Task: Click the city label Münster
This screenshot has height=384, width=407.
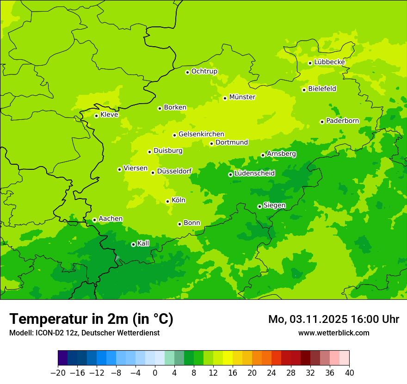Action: (x=242, y=97)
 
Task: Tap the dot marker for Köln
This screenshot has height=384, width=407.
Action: (x=167, y=201)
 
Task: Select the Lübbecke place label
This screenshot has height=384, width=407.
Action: (x=329, y=62)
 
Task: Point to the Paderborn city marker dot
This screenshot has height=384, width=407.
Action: (x=322, y=122)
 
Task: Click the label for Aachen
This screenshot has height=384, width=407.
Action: (x=111, y=219)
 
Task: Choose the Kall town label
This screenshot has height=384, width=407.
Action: (x=143, y=243)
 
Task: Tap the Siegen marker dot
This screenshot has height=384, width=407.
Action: (x=259, y=206)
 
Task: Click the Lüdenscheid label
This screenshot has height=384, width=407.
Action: (x=254, y=173)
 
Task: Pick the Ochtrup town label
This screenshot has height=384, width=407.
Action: (x=204, y=71)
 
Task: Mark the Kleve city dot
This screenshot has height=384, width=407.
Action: (x=96, y=116)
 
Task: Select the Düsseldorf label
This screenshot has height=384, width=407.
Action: (x=174, y=171)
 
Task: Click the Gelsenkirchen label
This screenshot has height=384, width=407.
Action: (x=201, y=134)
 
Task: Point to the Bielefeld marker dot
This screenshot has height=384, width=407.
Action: (x=304, y=90)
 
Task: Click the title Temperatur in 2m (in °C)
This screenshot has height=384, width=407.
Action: (x=92, y=319)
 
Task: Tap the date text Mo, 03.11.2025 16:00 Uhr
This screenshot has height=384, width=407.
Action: (x=333, y=319)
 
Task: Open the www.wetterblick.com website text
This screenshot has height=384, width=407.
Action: (x=333, y=333)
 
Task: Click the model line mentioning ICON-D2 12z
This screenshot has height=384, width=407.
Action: (x=84, y=333)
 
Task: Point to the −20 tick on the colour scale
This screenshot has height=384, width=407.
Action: (x=58, y=373)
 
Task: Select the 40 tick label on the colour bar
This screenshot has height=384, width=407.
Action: (x=349, y=373)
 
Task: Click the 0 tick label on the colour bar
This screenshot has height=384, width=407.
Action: (x=155, y=373)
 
